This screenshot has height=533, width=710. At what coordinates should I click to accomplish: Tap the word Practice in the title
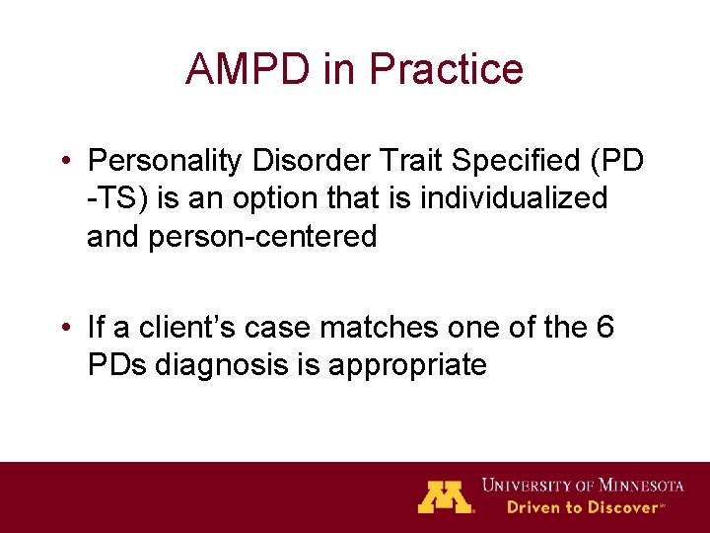(445, 69)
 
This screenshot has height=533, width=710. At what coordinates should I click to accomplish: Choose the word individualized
(513, 198)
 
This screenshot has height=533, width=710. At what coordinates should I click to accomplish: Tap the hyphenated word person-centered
(262, 237)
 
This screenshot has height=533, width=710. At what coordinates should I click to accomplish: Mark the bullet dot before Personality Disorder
(64, 161)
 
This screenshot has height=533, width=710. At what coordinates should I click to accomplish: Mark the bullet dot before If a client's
(64, 328)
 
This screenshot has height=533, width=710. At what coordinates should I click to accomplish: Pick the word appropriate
(408, 365)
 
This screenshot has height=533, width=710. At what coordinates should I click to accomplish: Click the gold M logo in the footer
(446, 496)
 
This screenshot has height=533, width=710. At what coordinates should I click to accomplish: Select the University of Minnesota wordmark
(583, 485)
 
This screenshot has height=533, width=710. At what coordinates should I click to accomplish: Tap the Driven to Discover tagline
(582, 507)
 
